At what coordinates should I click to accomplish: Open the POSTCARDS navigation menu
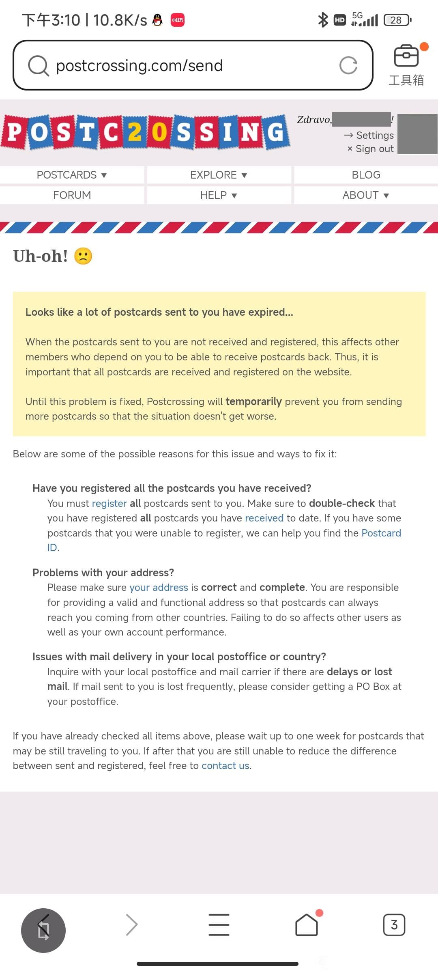[72, 175]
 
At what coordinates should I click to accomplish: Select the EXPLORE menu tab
[219, 175]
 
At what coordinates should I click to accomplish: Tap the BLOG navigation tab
[366, 175]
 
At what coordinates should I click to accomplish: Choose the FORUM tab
[72, 195]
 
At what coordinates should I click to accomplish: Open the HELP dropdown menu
[219, 195]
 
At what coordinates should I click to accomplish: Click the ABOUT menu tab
[366, 195]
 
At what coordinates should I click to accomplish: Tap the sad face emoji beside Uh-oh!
[83, 256]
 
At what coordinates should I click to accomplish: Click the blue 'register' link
[109, 503]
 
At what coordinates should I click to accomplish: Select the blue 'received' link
[264, 518]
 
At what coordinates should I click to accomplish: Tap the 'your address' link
[159, 588]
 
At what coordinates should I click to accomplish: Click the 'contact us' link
[225, 766]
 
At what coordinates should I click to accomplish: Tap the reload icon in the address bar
[348, 65]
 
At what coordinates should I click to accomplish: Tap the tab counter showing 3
[394, 925]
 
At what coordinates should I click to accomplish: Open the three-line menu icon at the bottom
[219, 925]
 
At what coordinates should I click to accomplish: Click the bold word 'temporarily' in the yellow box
[253, 402]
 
